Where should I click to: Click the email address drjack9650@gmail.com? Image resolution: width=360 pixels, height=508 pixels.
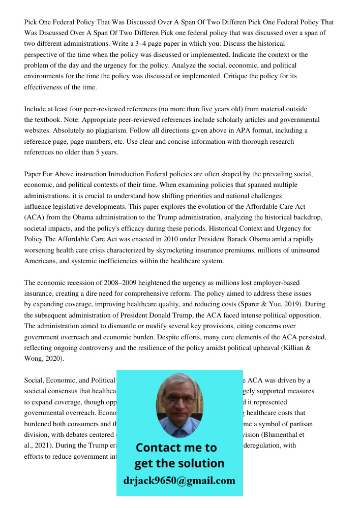point(179,480)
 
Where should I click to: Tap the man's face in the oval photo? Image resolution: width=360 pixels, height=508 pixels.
point(179,401)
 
